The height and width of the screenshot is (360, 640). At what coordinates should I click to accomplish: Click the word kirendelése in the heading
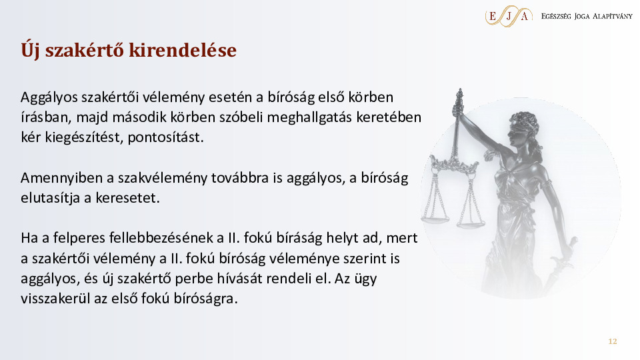183,50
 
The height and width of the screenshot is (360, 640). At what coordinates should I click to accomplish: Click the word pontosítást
166,137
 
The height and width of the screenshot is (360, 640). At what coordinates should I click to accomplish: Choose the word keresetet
128,198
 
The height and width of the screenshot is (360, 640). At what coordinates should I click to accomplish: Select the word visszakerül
55,299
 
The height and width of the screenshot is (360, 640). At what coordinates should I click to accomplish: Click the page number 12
613,341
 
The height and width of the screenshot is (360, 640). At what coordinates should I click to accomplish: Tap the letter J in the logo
509,16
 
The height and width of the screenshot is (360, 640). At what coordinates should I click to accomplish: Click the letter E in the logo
492,16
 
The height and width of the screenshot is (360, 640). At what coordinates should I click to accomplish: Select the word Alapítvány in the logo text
612,16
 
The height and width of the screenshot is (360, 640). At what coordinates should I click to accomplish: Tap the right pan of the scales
471,224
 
